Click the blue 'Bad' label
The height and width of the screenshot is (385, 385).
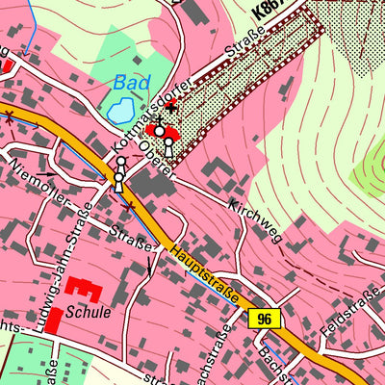(x=126, y=84)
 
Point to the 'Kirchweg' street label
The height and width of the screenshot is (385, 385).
(x=254, y=220)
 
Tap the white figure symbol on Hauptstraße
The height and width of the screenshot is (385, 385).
(x=119, y=179)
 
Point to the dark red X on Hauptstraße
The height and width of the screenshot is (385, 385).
(x=11, y=117)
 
